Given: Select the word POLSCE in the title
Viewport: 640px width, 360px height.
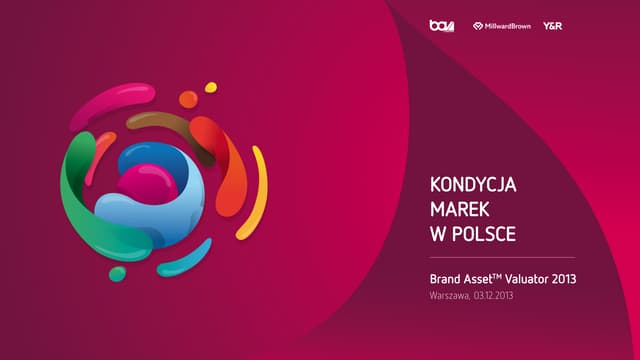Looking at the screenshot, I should (484, 235).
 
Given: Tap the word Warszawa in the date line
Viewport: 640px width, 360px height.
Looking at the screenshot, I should (450, 298).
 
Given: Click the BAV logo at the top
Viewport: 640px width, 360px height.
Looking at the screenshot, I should (441, 26).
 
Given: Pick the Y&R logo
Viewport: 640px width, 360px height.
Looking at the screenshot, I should (552, 26).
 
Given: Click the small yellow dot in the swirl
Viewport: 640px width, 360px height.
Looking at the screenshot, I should (211, 87).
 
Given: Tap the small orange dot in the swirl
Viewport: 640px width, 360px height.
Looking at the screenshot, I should (188, 99).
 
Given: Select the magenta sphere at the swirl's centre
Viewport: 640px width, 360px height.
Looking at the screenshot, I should (148, 184).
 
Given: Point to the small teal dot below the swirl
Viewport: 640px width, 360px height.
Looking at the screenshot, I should (117, 273).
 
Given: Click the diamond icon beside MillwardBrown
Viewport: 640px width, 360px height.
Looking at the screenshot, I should (478, 26).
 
